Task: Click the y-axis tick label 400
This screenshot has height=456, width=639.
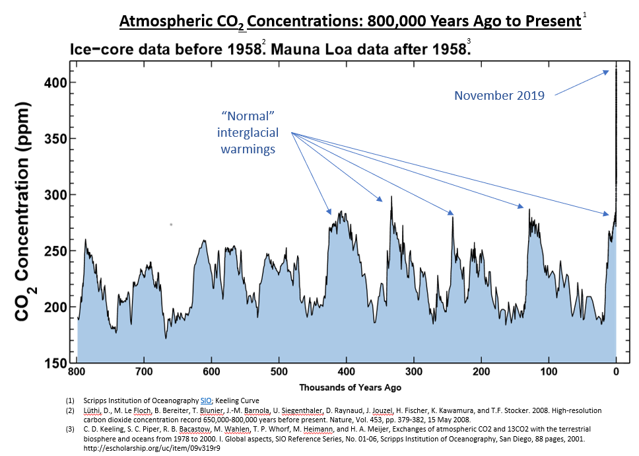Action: [x=57, y=83]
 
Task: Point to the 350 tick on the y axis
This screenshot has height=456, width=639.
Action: [x=57, y=139]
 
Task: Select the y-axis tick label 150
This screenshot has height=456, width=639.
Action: [x=57, y=363]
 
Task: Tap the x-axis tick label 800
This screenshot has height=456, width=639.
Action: [x=78, y=372]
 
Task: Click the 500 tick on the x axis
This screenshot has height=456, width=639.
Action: [x=279, y=372]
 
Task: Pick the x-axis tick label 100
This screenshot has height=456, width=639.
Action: [x=549, y=372]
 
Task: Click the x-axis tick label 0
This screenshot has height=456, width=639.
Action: [x=616, y=372]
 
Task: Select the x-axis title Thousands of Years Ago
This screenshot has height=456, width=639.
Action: [x=350, y=387]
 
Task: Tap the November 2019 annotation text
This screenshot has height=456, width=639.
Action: [x=499, y=96]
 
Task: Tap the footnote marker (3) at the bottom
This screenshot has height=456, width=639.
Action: [x=71, y=430]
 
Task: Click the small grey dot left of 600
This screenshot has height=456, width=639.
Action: [x=171, y=225]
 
